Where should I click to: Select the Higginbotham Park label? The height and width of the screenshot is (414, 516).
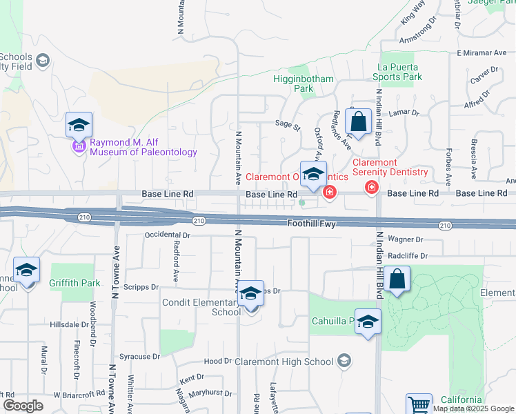(x=304, y=83)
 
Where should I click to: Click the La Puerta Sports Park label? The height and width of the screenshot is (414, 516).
(x=399, y=72)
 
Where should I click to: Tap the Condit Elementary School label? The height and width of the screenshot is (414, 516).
(x=201, y=307)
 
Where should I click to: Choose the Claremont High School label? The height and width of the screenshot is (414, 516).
(x=284, y=361)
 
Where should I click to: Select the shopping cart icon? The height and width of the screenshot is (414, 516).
(x=419, y=404)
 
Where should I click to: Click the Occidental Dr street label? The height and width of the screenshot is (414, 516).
(x=167, y=235)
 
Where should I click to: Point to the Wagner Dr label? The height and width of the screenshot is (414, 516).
(x=405, y=239)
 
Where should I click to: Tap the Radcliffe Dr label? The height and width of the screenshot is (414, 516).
(x=408, y=255)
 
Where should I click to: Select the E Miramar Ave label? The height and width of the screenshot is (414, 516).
(x=482, y=52)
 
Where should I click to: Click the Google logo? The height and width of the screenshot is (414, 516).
(x=23, y=406)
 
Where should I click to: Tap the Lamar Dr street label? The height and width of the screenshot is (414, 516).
(x=404, y=112)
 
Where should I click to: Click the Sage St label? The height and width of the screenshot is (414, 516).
(x=288, y=126)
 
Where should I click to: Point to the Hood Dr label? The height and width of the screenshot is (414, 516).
(x=218, y=361)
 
